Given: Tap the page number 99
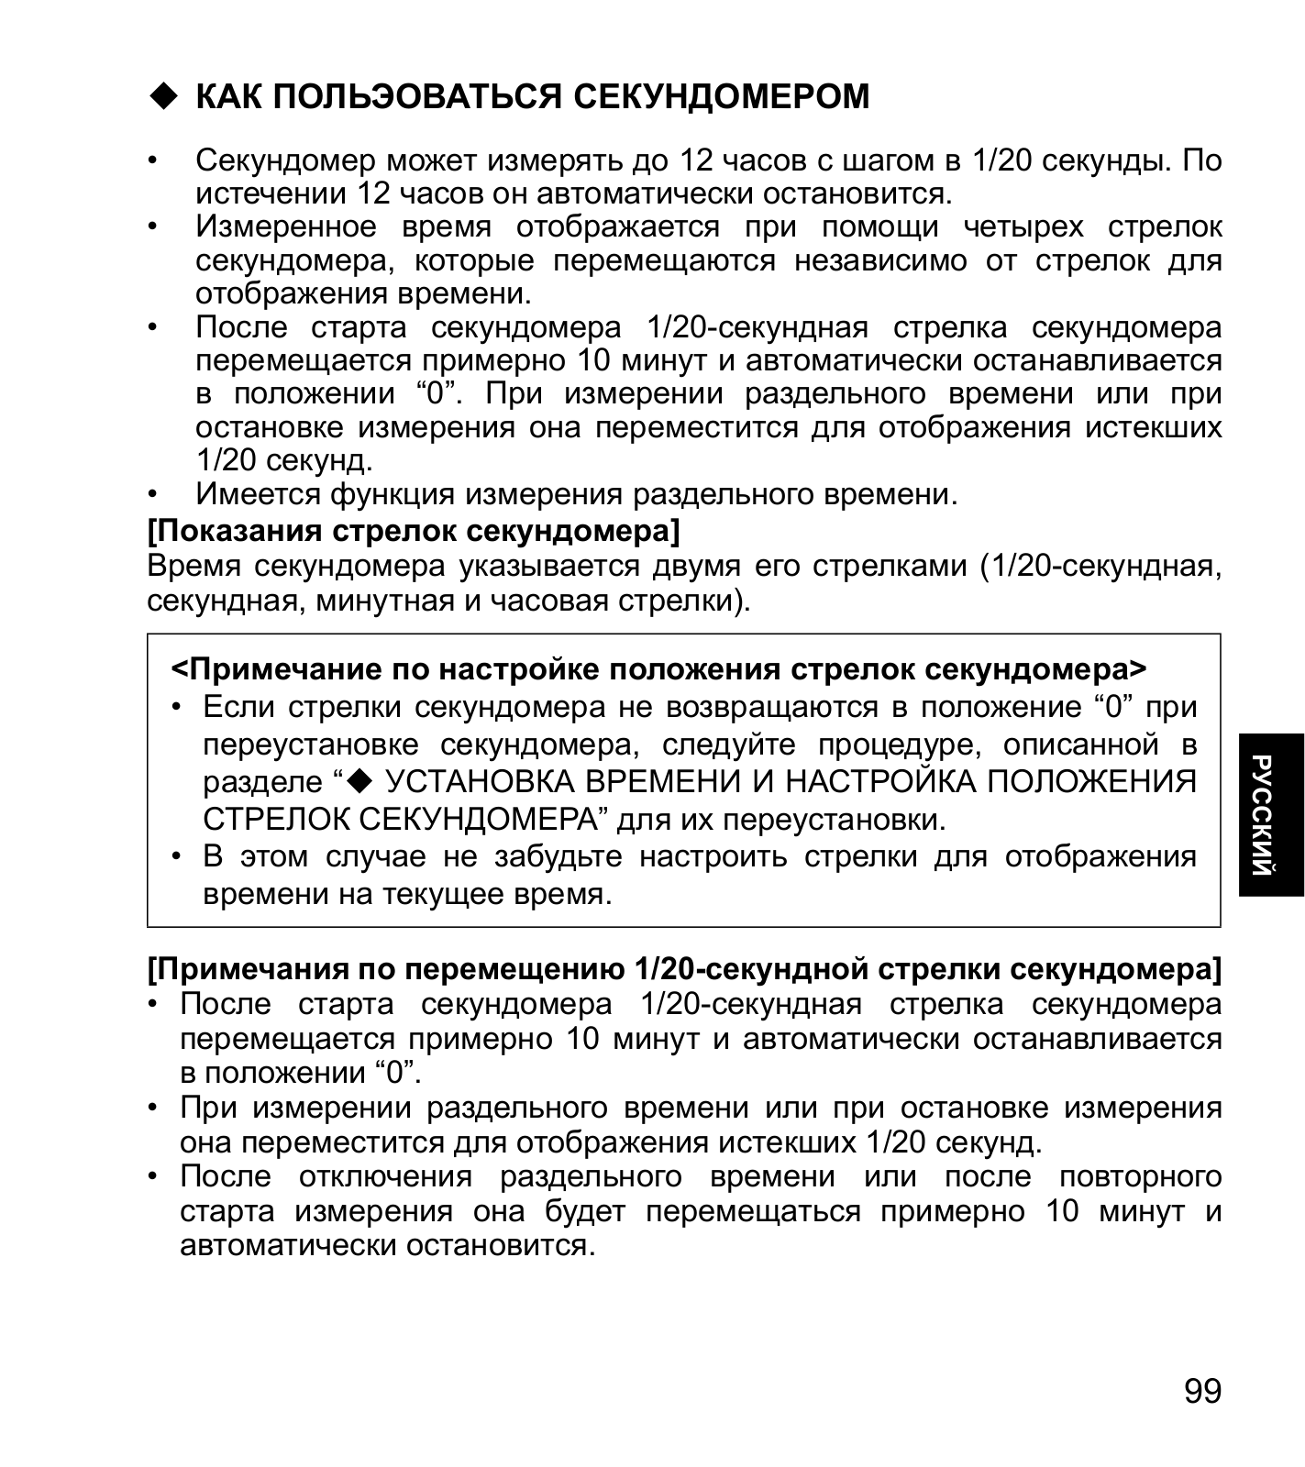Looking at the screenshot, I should coord(1202,1391).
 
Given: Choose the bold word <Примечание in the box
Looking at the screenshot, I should coord(277,669).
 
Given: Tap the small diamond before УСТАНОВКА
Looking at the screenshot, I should coord(359,780).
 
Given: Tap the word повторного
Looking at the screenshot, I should coord(1140,1176).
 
